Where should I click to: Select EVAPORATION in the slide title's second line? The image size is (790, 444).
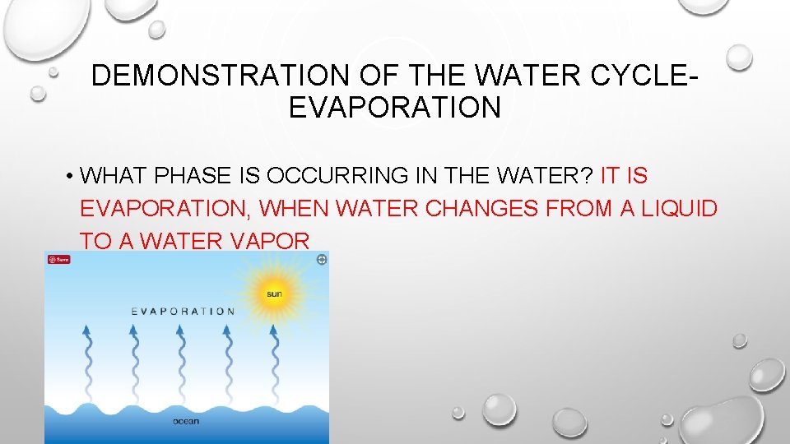(394, 108)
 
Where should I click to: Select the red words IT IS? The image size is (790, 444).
(625, 176)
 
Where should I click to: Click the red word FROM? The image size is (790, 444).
(580, 209)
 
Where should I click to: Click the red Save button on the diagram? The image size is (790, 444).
(59, 260)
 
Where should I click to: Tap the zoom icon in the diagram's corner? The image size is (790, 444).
(321, 260)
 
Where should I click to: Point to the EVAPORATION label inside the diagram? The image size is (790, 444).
(184, 312)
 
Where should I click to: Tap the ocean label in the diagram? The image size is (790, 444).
(186, 422)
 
